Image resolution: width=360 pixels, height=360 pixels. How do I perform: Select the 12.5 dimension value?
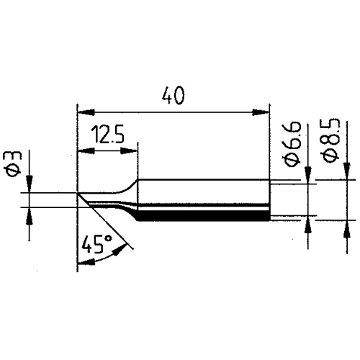[107, 135]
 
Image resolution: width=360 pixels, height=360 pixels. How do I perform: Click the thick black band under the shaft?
[202, 215]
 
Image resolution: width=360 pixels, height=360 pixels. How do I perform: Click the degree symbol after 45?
[109, 238]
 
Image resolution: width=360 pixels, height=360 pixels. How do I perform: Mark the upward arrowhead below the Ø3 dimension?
[29, 214]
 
